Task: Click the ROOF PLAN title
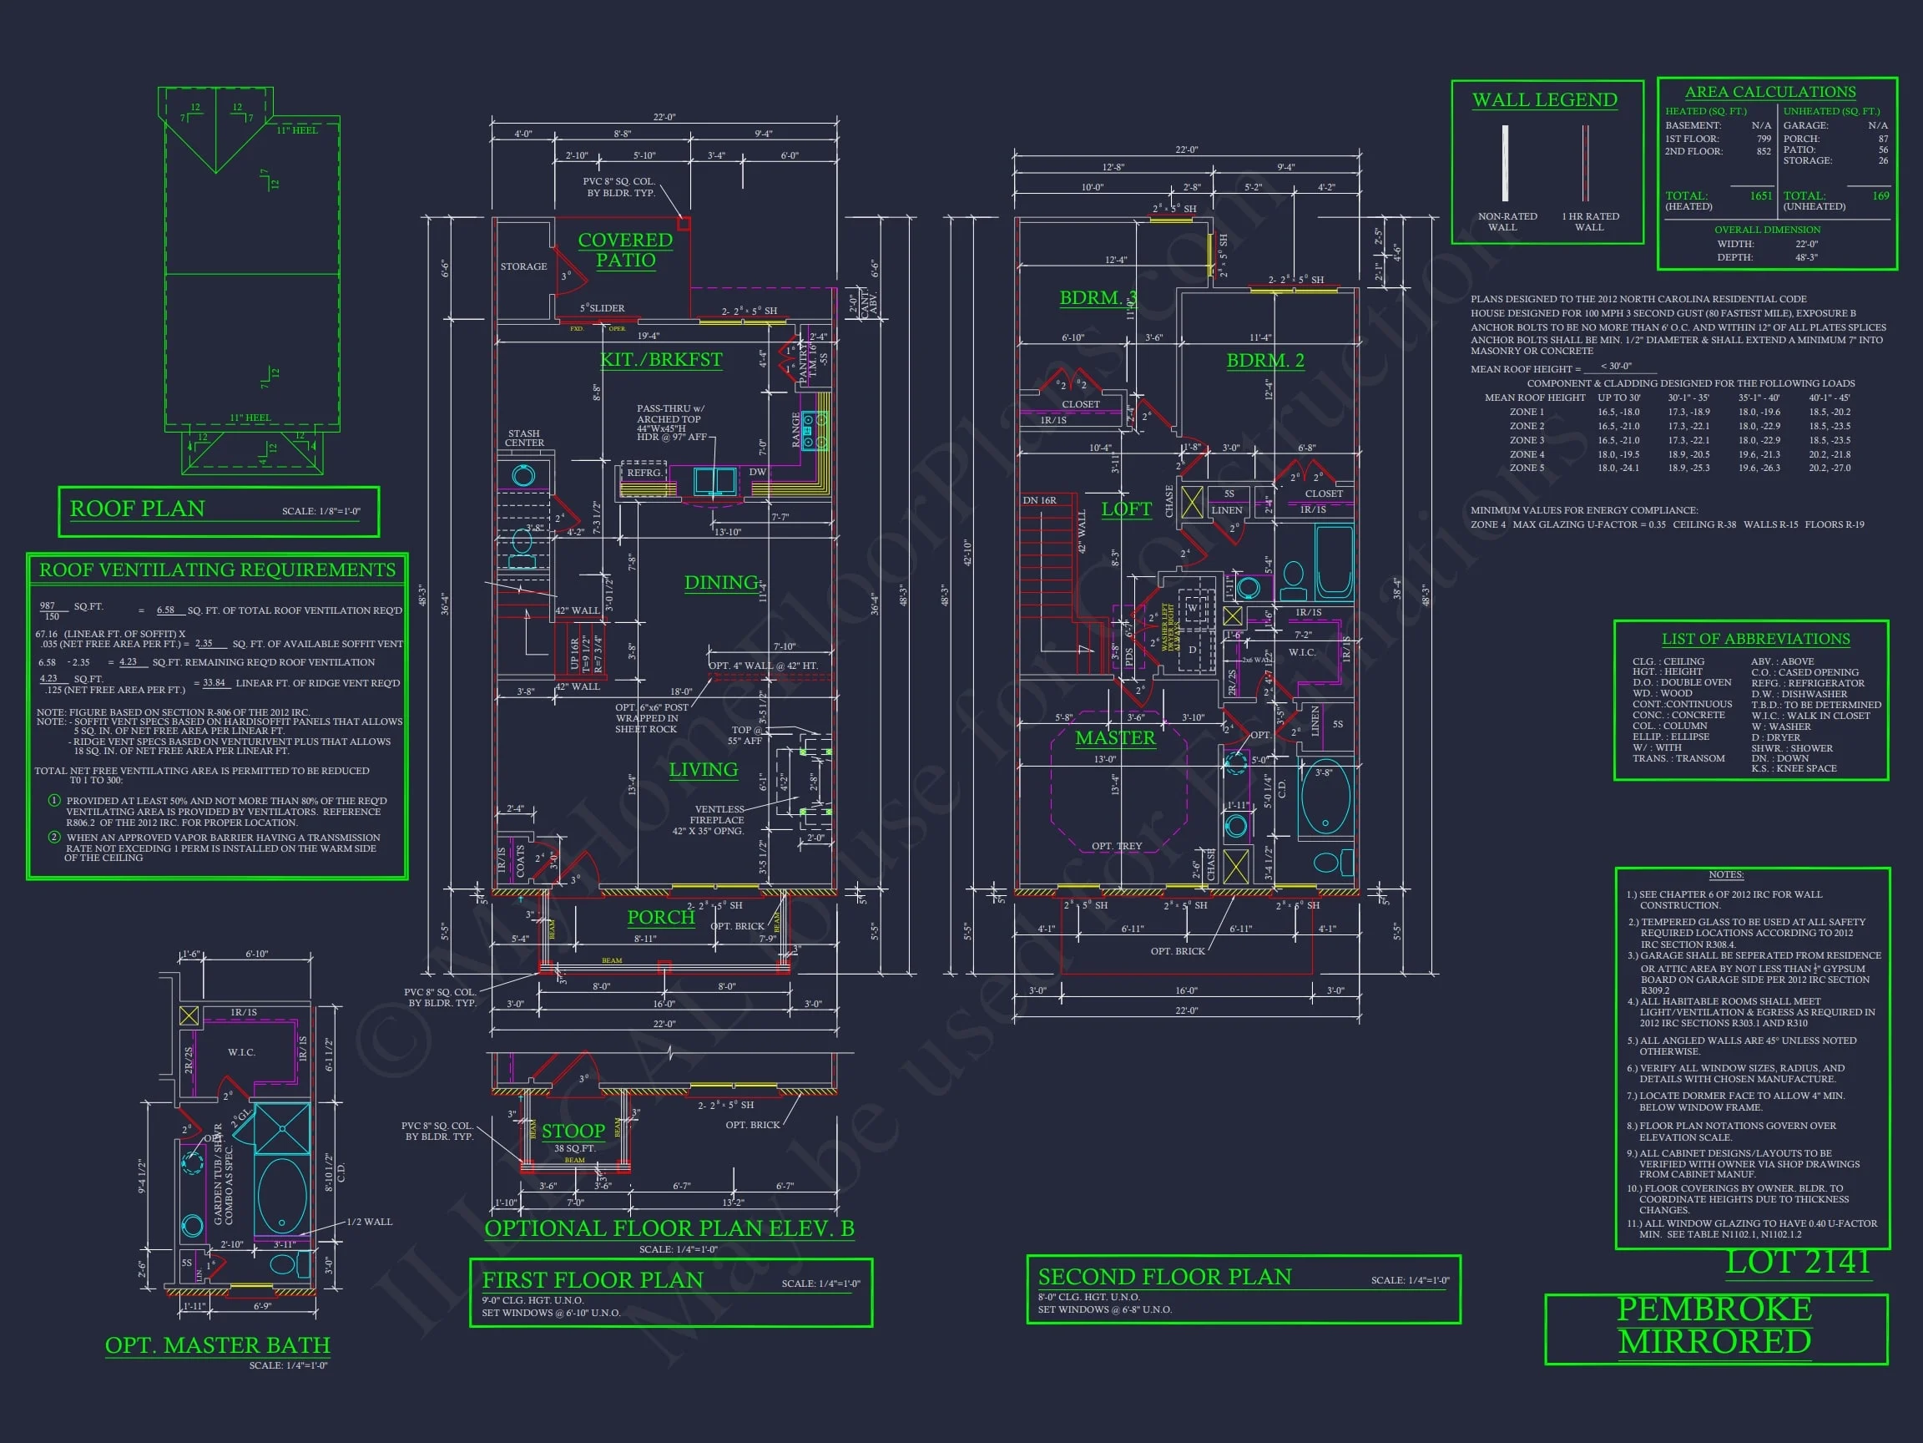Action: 138,509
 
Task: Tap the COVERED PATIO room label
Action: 625,250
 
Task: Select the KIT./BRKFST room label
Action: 661,359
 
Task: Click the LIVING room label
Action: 704,770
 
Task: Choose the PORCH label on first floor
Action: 661,917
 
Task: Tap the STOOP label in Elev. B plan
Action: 573,1131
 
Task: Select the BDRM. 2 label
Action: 1265,360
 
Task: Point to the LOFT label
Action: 1126,509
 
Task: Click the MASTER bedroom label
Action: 1115,738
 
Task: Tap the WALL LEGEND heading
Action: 1545,100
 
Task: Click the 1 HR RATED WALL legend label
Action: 1589,222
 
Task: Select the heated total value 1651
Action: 1760,195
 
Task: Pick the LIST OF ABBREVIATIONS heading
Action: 1755,639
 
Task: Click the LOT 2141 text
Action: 1797,1262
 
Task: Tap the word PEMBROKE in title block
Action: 1714,1309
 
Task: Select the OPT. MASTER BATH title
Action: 217,1344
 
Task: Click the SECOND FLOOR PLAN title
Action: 1164,1276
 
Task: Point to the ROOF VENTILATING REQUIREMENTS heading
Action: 217,570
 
